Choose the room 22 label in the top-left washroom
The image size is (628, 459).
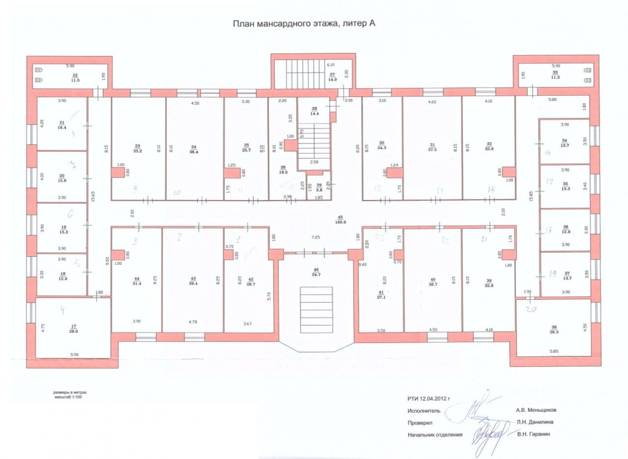(x=75, y=75)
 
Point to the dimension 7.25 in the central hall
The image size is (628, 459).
(x=315, y=237)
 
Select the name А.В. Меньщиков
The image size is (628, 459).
(x=536, y=410)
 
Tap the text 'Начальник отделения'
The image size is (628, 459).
(x=434, y=434)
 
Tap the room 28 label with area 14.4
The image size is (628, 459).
(x=315, y=111)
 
